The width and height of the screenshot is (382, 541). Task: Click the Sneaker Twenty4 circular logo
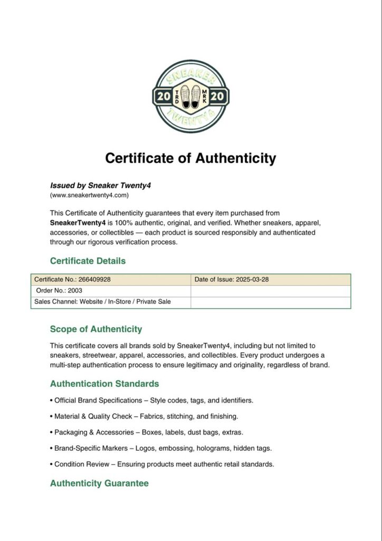pyautogui.click(x=190, y=96)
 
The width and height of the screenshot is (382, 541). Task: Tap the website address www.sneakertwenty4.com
pyautogui.click(x=89, y=195)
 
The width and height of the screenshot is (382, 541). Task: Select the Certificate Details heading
pyautogui.click(x=88, y=261)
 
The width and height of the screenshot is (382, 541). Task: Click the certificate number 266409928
pyautogui.click(x=90, y=279)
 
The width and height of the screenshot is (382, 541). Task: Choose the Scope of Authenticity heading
pyautogui.click(x=96, y=329)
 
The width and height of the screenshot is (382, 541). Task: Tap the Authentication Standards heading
pyautogui.click(x=104, y=384)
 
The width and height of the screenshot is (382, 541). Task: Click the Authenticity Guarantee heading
pyautogui.click(x=99, y=483)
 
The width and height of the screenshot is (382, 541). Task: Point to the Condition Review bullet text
pyautogui.click(x=164, y=464)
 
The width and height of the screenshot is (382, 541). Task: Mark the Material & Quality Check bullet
pyautogui.click(x=146, y=416)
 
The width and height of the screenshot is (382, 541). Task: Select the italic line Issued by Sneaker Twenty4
pyautogui.click(x=100, y=185)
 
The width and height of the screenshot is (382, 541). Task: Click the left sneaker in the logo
pyautogui.click(x=184, y=96)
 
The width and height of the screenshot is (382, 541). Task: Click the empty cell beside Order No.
pyautogui.click(x=271, y=291)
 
